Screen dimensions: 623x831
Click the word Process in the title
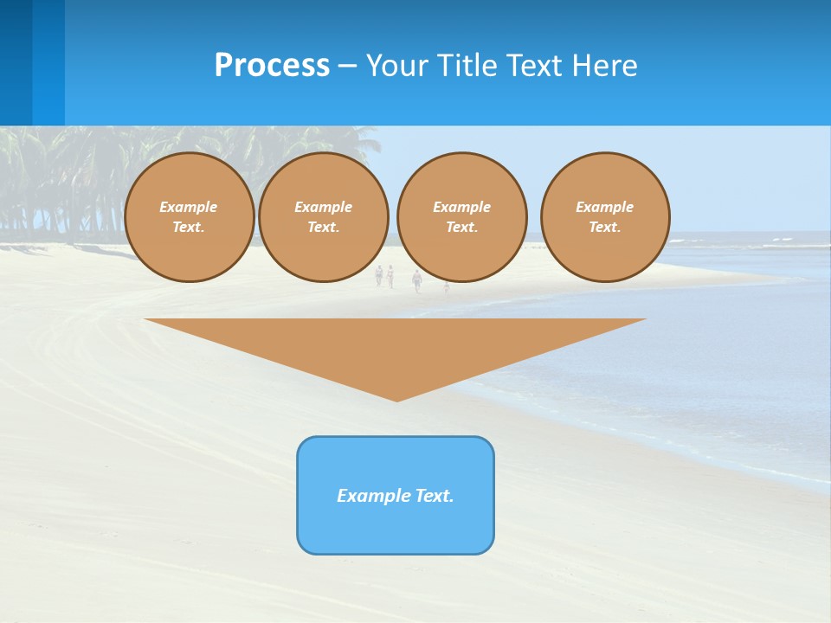coord(272,65)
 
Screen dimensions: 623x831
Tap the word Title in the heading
coord(468,65)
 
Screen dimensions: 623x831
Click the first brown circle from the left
coord(189,216)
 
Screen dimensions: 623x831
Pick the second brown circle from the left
coord(323,216)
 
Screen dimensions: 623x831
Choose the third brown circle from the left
coord(461,216)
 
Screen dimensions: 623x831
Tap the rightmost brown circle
coord(605,216)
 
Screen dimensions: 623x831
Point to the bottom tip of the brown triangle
coord(396,399)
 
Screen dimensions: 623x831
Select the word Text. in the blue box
coord(435,496)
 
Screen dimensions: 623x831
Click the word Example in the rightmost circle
coord(604,207)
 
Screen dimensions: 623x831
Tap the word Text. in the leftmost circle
coord(189,228)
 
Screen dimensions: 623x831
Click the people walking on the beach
coord(398,277)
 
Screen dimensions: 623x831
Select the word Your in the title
coord(396,65)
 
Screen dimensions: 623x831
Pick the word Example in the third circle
coord(461,207)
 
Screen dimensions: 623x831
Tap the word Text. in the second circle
coord(323,228)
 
